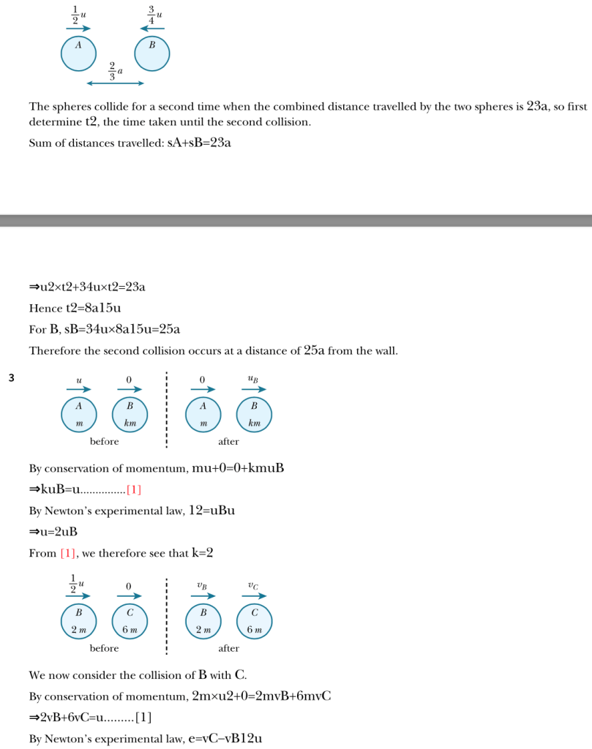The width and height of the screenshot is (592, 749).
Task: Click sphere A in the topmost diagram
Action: pyautogui.click(x=78, y=53)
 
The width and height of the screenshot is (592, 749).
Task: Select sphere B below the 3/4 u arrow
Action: pyautogui.click(x=152, y=53)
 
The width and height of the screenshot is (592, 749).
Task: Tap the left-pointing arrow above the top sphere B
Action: pyautogui.click(x=152, y=29)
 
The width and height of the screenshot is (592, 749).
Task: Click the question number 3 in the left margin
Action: pyautogui.click(x=11, y=378)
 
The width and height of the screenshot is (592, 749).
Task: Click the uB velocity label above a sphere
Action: pyautogui.click(x=254, y=379)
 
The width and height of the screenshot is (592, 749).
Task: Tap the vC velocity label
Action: pyautogui.click(x=254, y=584)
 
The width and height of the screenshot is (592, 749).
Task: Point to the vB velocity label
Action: pyautogui.click(x=202, y=584)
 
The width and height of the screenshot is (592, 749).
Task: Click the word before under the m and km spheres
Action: pyautogui.click(x=104, y=442)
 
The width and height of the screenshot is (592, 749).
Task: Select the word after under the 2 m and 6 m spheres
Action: pyautogui.click(x=228, y=648)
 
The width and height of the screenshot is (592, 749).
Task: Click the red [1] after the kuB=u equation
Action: pyautogui.click(x=134, y=489)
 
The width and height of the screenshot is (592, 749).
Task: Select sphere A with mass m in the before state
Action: pyautogui.click(x=78, y=414)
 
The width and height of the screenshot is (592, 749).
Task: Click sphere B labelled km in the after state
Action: pyautogui.click(x=255, y=414)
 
